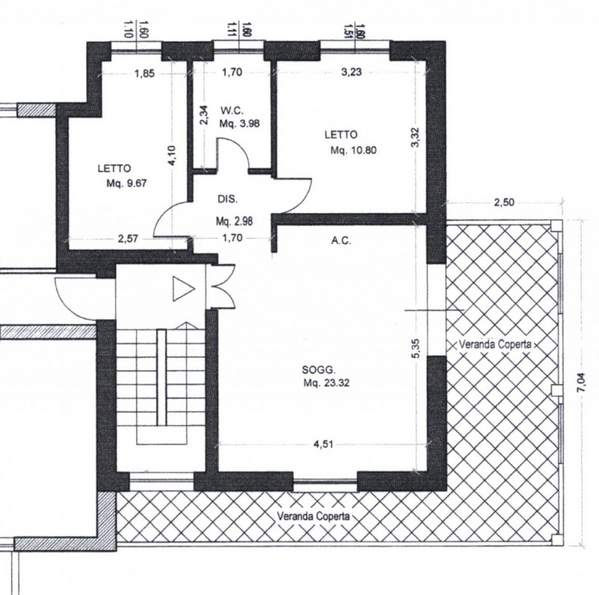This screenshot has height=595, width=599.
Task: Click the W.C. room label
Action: [x=233, y=111]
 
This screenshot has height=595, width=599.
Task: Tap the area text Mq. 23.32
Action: [x=326, y=382]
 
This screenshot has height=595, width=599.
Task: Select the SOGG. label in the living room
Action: [x=319, y=370]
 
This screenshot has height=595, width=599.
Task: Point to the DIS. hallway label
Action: [x=228, y=199]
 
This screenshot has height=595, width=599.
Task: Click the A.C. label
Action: [x=341, y=241]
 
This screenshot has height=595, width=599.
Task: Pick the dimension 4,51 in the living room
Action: [x=323, y=444]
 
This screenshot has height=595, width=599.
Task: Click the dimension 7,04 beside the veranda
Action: [x=582, y=382]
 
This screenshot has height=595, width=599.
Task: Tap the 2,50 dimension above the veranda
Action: [x=504, y=202]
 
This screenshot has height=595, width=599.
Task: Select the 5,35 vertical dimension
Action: [x=416, y=348]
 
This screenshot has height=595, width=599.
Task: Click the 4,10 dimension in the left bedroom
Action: [x=172, y=156]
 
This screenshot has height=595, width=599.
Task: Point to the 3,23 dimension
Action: [x=351, y=72]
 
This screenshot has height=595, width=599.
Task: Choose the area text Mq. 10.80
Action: [x=353, y=150]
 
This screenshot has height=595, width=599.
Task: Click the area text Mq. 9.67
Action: [x=127, y=183]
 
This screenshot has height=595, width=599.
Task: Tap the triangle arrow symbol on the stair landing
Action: [x=183, y=289]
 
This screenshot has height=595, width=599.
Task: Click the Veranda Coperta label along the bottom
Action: [x=313, y=516]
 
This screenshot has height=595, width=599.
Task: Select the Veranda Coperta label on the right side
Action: [x=495, y=344]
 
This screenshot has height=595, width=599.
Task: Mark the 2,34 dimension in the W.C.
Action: [x=204, y=115]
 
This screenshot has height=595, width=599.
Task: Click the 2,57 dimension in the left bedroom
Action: [x=128, y=239]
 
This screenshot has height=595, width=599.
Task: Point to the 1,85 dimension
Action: [x=145, y=73]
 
